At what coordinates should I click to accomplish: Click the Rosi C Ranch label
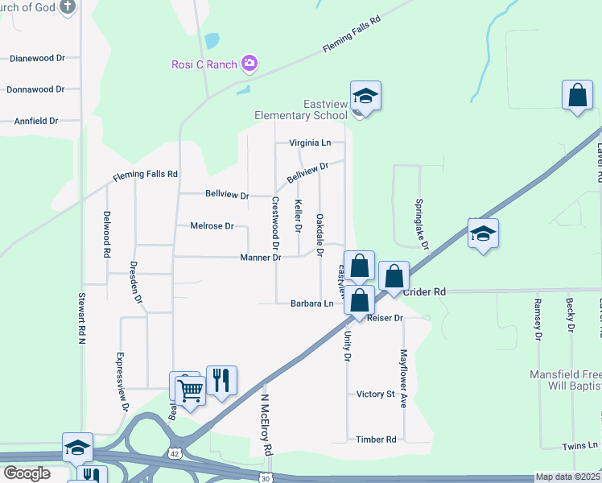(203, 64)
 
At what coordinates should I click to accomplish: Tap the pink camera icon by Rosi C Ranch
(249, 64)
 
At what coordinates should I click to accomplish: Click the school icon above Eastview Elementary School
(365, 97)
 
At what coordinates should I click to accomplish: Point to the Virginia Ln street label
(310, 143)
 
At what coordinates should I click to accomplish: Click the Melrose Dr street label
(212, 226)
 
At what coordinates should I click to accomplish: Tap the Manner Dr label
(260, 258)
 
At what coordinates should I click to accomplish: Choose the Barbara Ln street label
(311, 303)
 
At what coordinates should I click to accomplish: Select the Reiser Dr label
(384, 319)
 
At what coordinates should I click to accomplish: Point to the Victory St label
(376, 394)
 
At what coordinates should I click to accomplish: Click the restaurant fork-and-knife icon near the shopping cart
(221, 380)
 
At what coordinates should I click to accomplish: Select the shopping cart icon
(190, 390)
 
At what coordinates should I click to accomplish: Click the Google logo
(27, 473)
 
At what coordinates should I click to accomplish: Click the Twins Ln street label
(581, 445)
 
